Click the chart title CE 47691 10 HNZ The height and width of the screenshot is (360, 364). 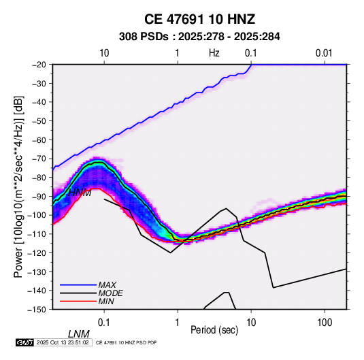[x=199, y=19]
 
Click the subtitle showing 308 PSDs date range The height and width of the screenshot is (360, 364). [x=199, y=37]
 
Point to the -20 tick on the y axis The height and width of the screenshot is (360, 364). [x=39, y=65]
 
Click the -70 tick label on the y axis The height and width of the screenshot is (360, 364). [x=39, y=159]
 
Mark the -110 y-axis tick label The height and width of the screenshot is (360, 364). [x=37, y=234]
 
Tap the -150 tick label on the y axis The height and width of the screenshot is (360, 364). [x=37, y=310]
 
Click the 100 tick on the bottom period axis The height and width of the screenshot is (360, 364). [x=325, y=323]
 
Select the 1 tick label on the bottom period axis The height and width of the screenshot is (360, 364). [x=178, y=323]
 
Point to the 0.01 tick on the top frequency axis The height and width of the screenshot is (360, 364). [x=324, y=53]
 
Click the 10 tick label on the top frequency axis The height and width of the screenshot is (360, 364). [x=104, y=53]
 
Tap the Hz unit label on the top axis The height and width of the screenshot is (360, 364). [x=214, y=53]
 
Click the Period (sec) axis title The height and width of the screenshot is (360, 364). [x=214, y=330]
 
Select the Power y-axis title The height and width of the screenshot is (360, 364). [x=18, y=186]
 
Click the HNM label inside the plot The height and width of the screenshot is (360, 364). [x=80, y=193]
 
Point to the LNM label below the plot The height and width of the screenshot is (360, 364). [x=79, y=334]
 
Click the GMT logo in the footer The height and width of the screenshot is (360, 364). [x=25, y=342]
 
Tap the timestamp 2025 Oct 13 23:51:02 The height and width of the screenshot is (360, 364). [x=63, y=342]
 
